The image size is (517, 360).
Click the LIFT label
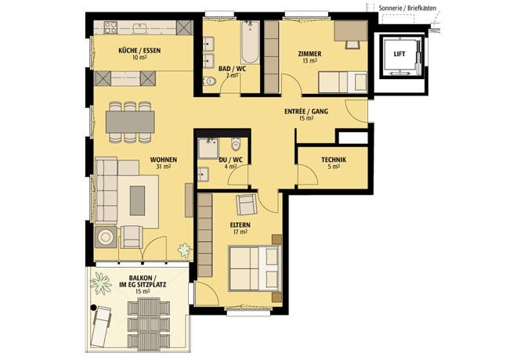[399, 54]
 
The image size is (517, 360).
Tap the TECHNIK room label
[334, 160]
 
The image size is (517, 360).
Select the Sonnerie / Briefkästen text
[407, 9]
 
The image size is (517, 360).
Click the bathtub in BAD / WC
[250, 42]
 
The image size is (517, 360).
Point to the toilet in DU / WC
[236, 144]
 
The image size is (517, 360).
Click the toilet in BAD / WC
[208, 81]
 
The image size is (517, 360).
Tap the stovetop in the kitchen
[110, 27]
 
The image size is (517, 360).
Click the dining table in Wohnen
[130, 122]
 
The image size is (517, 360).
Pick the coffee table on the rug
[137, 200]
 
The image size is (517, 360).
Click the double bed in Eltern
[254, 268]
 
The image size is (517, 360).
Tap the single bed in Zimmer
[342, 82]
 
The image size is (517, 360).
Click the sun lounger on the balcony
[101, 326]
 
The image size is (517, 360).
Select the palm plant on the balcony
[100, 283]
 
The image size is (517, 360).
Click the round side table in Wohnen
[106, 237]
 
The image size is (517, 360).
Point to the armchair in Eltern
[246, 204]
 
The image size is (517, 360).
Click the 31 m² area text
[164, 167]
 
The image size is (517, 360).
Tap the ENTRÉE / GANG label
[306, 111]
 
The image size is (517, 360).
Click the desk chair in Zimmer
[352, 45]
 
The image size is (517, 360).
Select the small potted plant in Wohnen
[184, 250]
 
